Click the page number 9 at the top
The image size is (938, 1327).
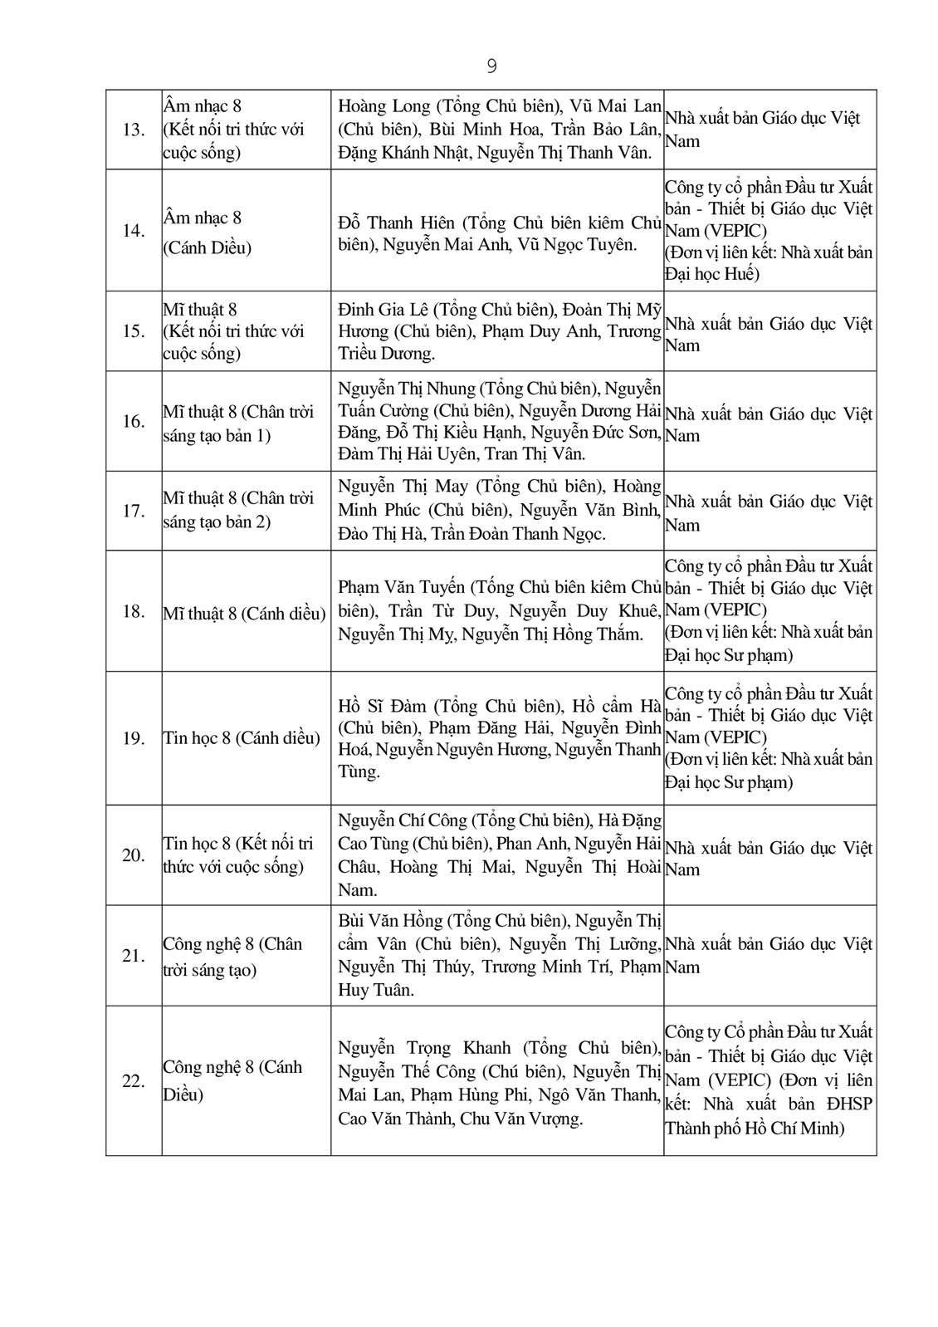(x=491, y=66)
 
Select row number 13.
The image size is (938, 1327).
(x=134, y=130)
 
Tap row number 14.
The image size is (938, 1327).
(x=134, y=230)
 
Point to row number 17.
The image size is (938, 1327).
(x=134, y=511)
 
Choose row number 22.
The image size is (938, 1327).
(x=134, y=1081)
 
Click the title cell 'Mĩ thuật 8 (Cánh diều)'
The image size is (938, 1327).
(x=244, y=613)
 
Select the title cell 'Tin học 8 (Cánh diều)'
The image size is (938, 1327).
(x=242, y=737)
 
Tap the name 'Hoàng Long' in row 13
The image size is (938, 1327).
(x=384, y=106)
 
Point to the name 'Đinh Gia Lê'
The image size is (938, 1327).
(x=383, y=310)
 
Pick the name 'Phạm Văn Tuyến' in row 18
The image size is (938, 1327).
(x=401, y=588)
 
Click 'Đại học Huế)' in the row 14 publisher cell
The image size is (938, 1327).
(x=712, y=274)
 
